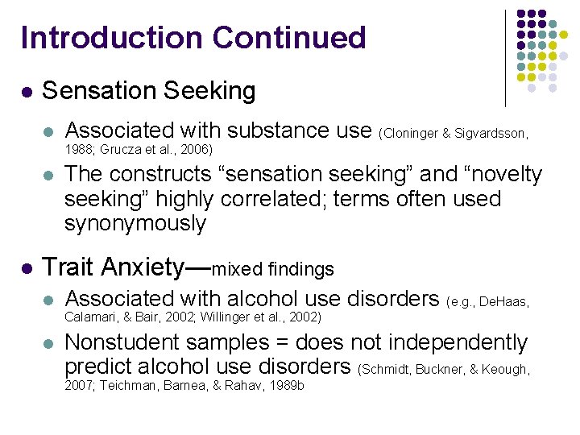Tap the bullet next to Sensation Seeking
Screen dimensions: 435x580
click(27, 93)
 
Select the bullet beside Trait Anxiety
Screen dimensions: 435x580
click(27, 267)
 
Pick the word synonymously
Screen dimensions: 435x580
click(135, 223)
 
